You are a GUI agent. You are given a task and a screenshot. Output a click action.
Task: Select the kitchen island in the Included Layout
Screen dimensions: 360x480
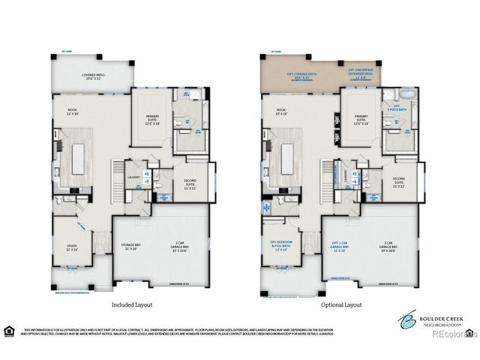(x=80, y=155)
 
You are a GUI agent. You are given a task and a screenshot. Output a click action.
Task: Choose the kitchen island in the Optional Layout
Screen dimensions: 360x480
(x=289, y=155)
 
